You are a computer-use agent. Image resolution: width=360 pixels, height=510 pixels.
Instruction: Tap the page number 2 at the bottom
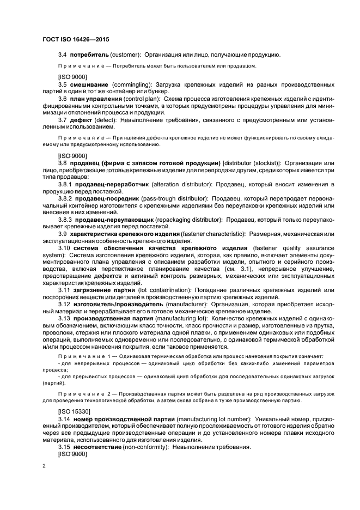pyautogui.click(x=45, y=465)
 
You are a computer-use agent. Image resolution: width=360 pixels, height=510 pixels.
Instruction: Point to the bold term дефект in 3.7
pyautogui.click(x=81, y=119)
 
